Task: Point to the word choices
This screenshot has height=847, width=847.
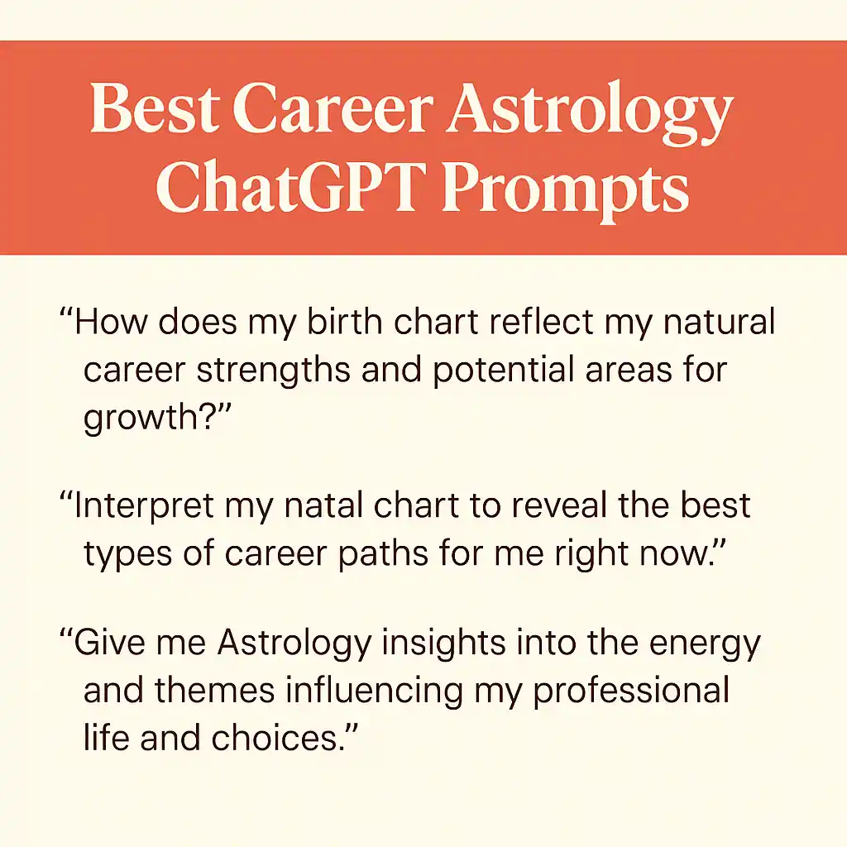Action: point(275,738)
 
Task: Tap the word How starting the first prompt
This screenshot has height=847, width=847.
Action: point(111,322)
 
